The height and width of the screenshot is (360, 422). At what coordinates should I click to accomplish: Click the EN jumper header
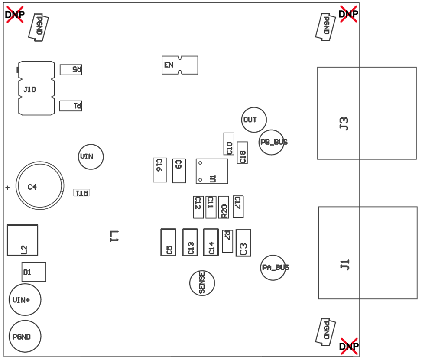179,65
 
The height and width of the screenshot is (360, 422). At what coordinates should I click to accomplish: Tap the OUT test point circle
254,120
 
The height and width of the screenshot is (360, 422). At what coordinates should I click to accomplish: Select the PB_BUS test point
272,142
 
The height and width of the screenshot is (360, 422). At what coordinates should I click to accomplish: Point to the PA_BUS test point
273,268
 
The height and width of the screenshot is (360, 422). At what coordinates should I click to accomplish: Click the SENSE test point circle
202,283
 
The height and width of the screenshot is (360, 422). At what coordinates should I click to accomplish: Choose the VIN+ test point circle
25,300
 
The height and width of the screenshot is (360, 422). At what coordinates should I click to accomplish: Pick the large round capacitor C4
39,186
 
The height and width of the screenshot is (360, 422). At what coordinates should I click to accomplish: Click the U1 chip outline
212,171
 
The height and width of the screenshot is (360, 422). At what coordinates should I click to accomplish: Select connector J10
36,88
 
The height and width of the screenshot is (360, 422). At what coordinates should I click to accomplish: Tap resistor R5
71,69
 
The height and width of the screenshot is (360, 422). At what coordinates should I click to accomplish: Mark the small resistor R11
81,193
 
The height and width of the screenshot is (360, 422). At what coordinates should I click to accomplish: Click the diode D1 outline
34,272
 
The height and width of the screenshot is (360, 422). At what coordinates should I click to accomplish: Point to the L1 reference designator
114,236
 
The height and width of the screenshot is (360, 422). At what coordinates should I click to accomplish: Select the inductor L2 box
23,240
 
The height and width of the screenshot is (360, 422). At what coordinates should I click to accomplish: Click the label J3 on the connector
344,123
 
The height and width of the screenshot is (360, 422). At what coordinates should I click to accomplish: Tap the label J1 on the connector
345,264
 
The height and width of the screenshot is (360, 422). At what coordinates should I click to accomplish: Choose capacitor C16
160,170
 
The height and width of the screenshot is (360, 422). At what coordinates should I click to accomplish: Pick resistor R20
224,207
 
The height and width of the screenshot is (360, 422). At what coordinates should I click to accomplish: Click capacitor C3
243,243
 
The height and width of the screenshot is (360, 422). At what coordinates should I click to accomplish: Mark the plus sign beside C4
7,188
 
